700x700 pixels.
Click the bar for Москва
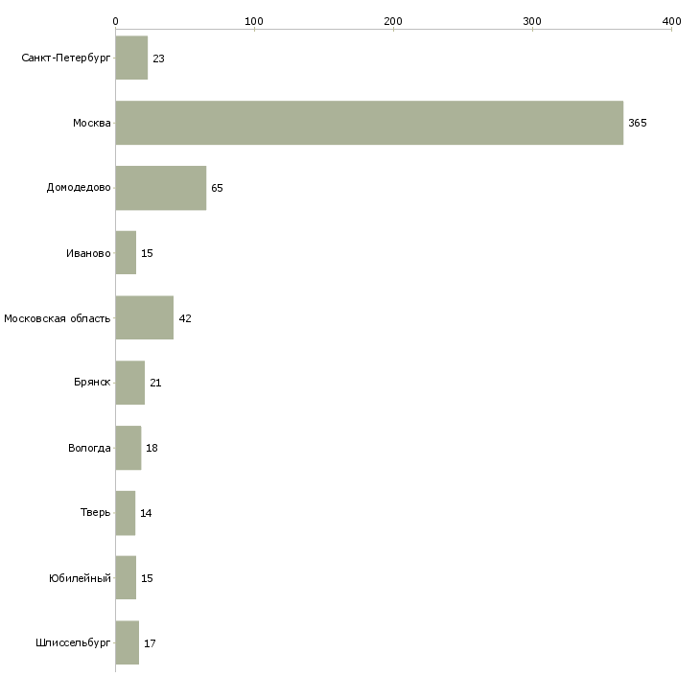point(369,123)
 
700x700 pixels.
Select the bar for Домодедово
point(160,188)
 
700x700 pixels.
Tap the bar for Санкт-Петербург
point(131,58)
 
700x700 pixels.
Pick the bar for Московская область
point(144,317)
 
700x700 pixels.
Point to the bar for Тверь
point(125,513)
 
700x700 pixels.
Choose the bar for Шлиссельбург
point(127,642)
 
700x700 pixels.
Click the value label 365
point(638,124)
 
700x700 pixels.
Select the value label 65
point(217,188)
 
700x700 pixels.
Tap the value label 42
point(185,318)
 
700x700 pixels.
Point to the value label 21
point(155,384)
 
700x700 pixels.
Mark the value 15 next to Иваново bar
point(147,253)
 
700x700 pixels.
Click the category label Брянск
point(92,383)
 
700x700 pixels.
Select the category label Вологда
point(89,448)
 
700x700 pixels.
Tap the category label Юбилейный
point(80,578)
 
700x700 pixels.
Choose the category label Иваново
point(88,253)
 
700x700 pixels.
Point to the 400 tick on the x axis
point(671,21)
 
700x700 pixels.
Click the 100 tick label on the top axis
point(254,21)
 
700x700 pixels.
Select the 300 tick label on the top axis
point(532,21)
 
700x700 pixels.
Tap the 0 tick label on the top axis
point(115,21)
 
